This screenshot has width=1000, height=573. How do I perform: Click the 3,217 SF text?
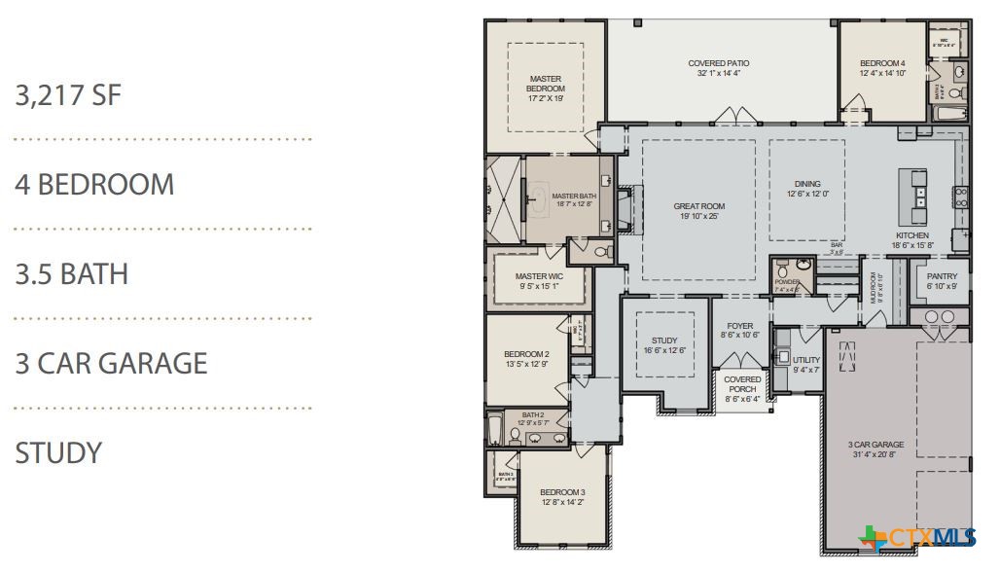68,95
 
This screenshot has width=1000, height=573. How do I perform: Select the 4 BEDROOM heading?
94,185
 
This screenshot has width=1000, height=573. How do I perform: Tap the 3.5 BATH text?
71,274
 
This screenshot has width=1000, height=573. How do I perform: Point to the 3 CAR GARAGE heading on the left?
111,364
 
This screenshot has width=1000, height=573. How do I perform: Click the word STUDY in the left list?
58,452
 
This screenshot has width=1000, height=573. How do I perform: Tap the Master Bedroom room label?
545,84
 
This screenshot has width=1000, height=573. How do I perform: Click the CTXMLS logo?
918,537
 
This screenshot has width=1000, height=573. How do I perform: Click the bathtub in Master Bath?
537,201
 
